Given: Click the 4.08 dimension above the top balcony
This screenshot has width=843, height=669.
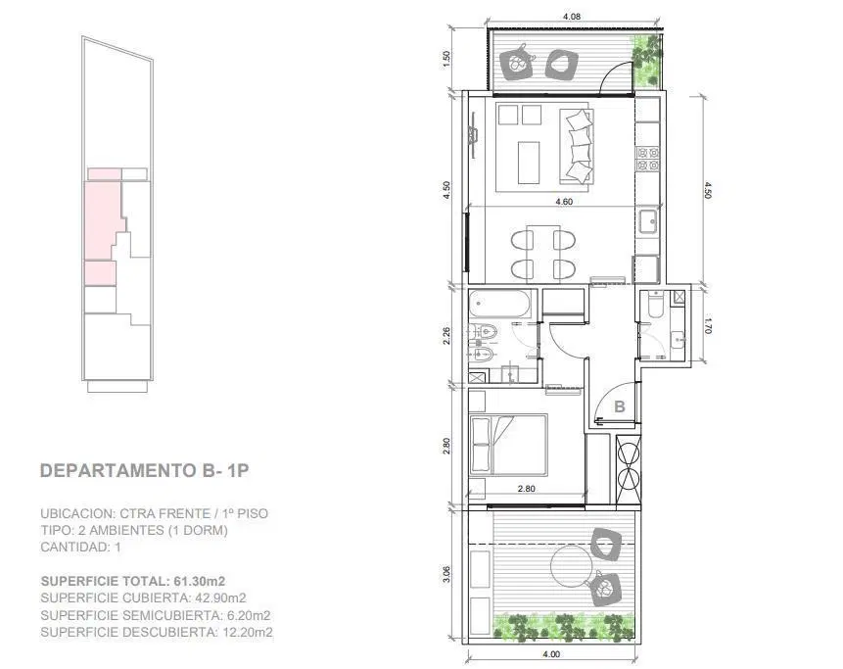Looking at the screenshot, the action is coord(572,16).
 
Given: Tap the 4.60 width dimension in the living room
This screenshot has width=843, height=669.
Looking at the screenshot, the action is coord(564,201).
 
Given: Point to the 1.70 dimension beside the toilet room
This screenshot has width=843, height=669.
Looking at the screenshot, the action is coord(708,324).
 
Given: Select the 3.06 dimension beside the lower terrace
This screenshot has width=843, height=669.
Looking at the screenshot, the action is coord(446,575).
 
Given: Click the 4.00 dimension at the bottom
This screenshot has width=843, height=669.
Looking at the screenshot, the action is coord(551,654).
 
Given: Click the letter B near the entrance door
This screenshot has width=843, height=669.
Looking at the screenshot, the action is coord(620,406).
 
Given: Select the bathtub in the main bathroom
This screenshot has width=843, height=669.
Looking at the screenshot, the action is coord(500,304).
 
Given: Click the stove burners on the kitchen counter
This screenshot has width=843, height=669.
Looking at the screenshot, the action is coord(648,159).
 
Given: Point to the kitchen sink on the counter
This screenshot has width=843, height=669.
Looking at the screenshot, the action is coord(648,221).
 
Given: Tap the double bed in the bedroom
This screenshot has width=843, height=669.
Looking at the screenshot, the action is coord(508,445).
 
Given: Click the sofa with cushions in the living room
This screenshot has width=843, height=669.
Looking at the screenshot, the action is coord(578,146).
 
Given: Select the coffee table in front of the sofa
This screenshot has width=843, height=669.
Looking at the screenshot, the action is coord(529,163).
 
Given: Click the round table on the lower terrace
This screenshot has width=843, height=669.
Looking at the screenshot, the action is coord(573,567).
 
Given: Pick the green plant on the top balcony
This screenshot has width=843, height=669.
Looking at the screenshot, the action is coord(646,58).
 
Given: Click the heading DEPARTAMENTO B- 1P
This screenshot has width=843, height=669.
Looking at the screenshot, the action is coord(145,470).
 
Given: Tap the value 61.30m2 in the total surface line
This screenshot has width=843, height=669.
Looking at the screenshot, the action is coord(200,581).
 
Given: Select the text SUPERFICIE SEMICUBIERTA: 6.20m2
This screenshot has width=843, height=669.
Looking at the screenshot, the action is coord(156,615).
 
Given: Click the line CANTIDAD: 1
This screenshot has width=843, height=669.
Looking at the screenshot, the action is coord(80,548).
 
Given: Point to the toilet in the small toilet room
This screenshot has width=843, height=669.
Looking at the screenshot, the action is coord(655,304).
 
